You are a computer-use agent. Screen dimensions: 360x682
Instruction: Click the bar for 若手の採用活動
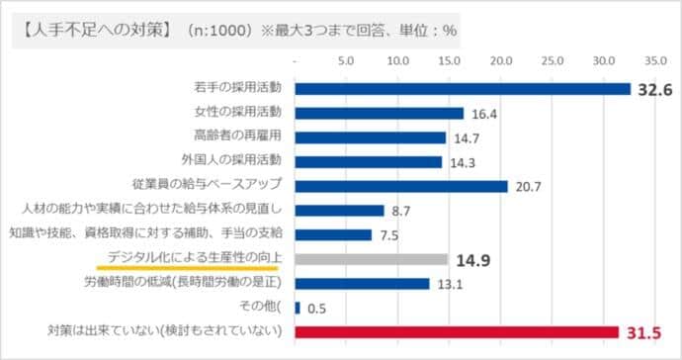[x=462, y=89]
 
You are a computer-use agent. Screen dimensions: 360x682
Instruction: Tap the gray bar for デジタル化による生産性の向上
[x=371, y=259]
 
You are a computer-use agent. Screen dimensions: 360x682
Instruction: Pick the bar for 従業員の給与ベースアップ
[x=400, y=186]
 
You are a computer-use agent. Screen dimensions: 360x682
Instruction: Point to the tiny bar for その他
[x=297, y=308]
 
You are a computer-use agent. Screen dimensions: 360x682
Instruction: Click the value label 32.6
[x=653, y=89]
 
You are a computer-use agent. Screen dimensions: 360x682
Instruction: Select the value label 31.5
[x=642, y=332]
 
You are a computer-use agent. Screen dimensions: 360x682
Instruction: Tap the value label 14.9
[x=473, y=259]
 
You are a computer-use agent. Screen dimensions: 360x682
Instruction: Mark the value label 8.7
[x=402, y=211]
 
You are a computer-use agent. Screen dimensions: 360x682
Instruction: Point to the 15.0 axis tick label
[x=450, y=60]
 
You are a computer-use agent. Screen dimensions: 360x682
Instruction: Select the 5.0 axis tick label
[x=346, y=60]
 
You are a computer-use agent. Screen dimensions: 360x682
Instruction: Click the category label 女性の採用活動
[x=239, y=113]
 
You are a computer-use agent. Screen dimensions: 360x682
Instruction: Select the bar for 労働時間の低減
[x=362, y=284]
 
